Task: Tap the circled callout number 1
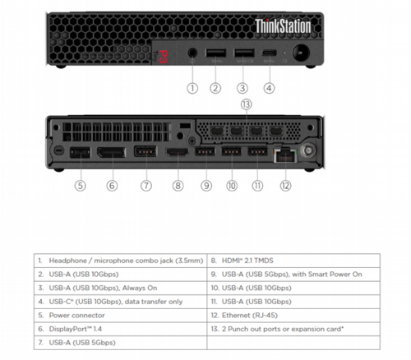click(192, 87)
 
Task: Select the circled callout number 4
click(269, 87)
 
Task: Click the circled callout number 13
click(246, 104)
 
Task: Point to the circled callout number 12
click(285, 185)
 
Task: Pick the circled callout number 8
click(178, 185)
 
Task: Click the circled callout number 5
click(80, 185)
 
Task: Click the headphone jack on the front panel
click(192, 54)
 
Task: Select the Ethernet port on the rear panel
click(285, 153)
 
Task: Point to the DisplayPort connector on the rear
click(111, 154)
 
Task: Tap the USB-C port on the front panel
click(269, 54)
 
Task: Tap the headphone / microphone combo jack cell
click(120, 260)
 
